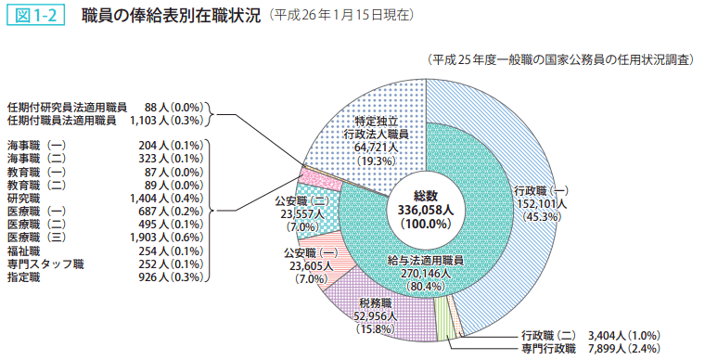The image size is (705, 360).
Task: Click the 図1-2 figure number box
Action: tap(36, 16)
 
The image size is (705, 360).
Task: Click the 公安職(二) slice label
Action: tap(301, 200)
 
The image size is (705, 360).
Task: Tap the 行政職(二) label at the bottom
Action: tap(549, 334)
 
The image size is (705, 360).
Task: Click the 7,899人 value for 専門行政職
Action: tap(611, 348)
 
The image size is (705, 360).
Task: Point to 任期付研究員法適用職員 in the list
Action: tap(67, 107)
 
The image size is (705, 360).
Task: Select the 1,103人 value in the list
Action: tap(165, 120)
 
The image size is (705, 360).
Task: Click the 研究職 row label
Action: tap(24, 199)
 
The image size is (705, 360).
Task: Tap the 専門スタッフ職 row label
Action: tap(45, 264)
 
